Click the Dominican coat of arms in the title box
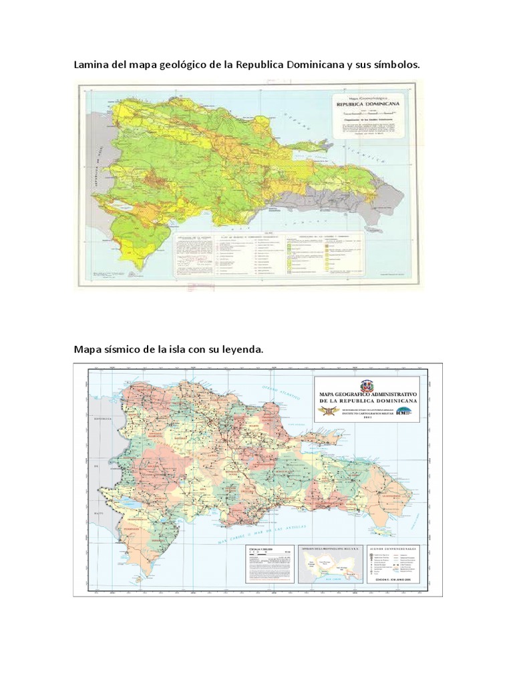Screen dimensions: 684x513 coord(367,385)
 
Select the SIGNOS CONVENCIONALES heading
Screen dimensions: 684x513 coord(395,547)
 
